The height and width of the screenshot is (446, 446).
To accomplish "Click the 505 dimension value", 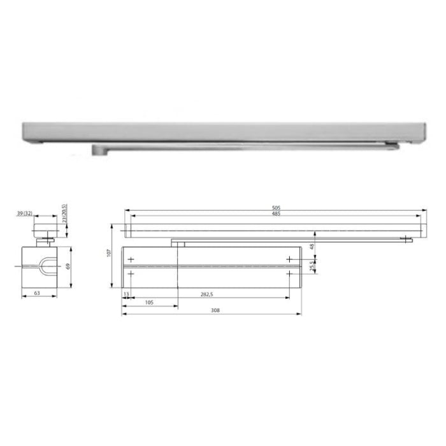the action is coord(276,208).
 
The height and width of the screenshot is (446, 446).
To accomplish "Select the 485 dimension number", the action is coord(276,213).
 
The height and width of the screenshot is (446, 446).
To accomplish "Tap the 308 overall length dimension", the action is coord(215,310).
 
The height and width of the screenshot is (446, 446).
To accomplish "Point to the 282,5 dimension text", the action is coord(207,294).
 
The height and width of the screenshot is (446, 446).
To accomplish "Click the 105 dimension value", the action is coord(149,303).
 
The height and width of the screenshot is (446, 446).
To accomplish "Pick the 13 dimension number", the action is coord(126,294).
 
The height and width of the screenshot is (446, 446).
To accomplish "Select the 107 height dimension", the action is coord(109,253).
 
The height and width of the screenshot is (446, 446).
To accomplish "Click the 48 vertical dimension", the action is coord(312,247).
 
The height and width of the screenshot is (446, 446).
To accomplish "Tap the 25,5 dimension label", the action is coord(312,266).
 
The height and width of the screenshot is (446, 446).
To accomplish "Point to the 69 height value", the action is coord(68,266).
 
